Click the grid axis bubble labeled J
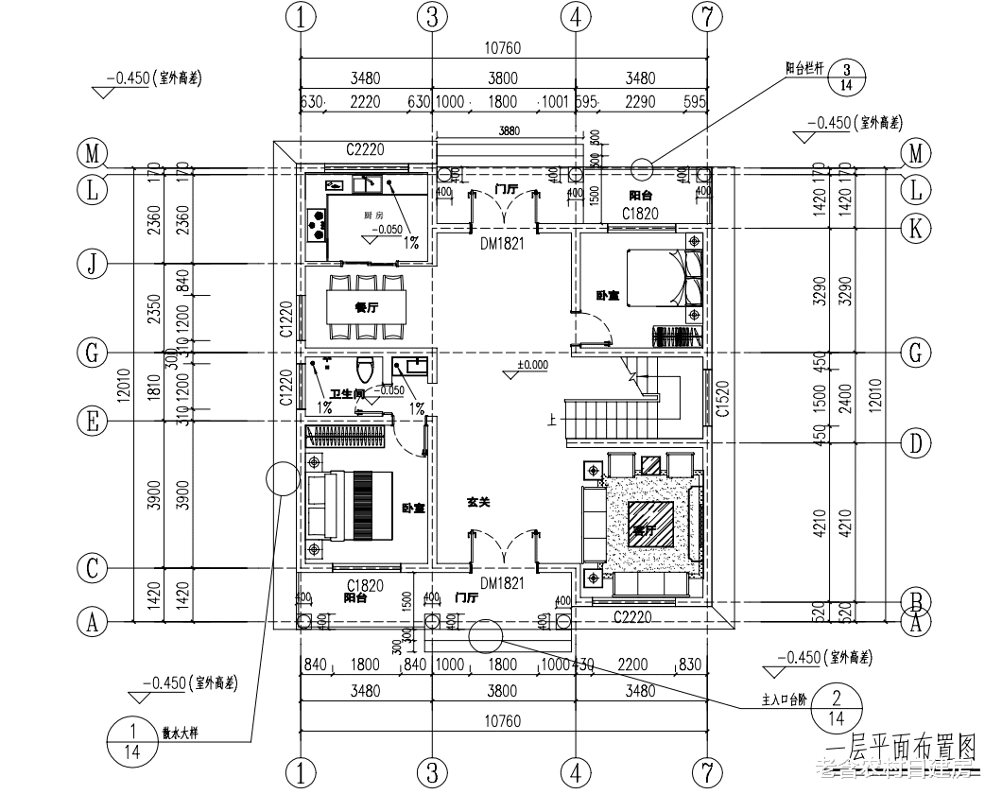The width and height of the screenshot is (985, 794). point(92,264)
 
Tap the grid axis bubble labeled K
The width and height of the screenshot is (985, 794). point(914,228)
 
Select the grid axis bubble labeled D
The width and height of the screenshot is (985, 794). point(914,441)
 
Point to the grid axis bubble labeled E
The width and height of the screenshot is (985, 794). point(92,422)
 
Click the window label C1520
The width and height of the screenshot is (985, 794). point(721,400)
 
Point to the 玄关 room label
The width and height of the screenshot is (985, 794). point(478,503)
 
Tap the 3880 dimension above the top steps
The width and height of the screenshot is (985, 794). point(510,130)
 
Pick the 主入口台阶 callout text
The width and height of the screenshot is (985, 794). point(786,701)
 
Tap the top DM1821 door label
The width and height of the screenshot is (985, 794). point(501,243)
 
